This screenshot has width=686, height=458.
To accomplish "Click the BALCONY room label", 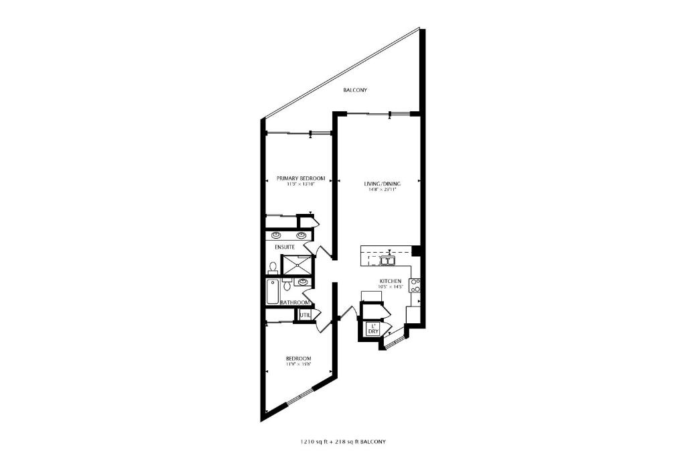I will pyautogui.click(x=355, y=90).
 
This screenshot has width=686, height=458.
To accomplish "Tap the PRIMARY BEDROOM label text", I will pyautogui.click(x=301, y=178).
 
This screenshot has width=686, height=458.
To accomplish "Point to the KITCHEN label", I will pyautogui.click(x=391, y=280).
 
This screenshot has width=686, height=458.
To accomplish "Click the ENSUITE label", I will pyautogui.click(x=285, y=247).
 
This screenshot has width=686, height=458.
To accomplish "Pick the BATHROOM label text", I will pyautogui.click(x=295, y=303).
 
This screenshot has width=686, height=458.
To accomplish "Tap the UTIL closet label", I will pyautogui.click(x=305, y=314).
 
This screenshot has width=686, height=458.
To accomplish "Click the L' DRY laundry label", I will pyautogui.click(x=373, y=329).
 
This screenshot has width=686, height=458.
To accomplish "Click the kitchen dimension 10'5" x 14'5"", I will pyautogui.click(x=391, y=287).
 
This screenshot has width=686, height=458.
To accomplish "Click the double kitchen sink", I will pyautogui.click(x=388, y=260).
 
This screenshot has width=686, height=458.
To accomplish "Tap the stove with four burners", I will pyautogui.click(x=415, y=286).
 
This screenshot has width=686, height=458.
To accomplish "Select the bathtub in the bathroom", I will pyautogui.click(x=271, y=292).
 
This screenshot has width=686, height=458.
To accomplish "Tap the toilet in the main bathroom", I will pyautogui.click(x=287, y=286).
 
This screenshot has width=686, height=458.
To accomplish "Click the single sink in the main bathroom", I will pyautogui.click(x=303, y=282).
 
